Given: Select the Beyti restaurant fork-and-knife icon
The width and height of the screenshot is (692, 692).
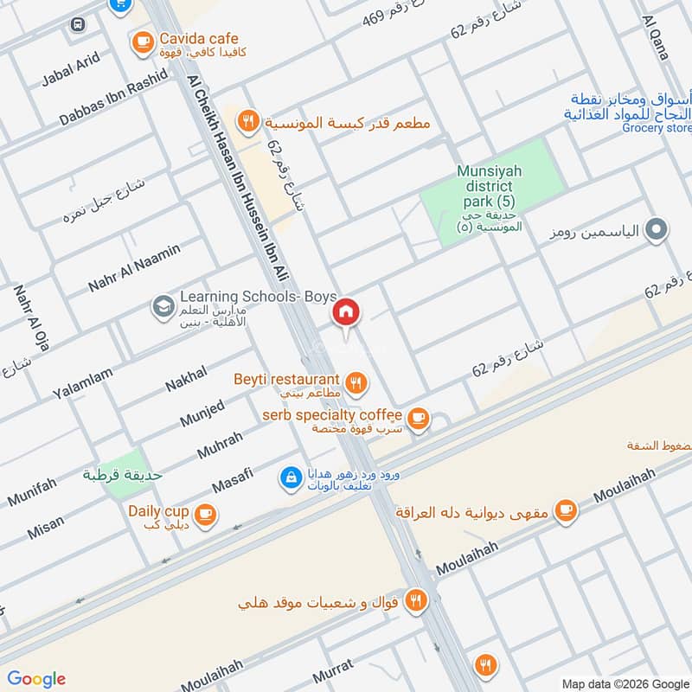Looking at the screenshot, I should tap(354, 381).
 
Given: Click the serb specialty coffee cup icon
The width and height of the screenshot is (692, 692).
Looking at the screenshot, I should tap(418, 418).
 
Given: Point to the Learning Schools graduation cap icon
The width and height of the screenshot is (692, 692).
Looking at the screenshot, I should tap(162, 305).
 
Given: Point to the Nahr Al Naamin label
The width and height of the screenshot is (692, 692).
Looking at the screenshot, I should tap(134, 268).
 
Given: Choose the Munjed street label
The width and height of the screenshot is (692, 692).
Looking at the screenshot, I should tap(202, 413).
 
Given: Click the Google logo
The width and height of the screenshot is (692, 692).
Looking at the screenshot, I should tap(36, 679).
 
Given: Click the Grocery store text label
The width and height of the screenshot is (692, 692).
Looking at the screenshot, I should tap(657, 128).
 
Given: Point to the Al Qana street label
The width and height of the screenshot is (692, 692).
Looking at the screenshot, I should tap(656, 36).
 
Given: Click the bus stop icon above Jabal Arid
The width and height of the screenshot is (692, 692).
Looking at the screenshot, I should tap(77, 25).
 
